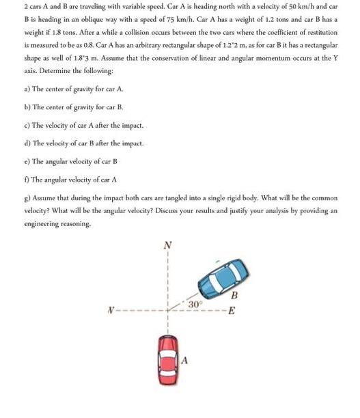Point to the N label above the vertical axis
click(167, 244)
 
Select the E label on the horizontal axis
click(232, 313)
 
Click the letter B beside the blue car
click(234, 296)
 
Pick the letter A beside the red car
click(184, 360)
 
